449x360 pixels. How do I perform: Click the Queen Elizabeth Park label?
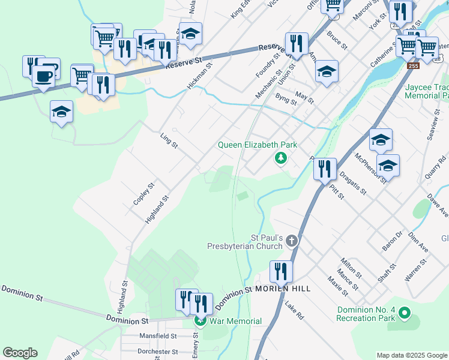pyautogui.click(x=257, y=145)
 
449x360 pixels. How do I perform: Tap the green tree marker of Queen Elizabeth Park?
pyautogui.click(x=280, y=158)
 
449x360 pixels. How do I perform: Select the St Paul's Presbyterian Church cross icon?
pyautogui.click(x=292, y=241)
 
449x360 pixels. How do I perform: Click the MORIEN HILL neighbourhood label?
pyautogui.click(x=283, y=289)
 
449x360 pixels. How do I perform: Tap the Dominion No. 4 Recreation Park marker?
pyautogui.click(x=405, y=313)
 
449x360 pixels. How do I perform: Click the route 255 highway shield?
pyautogui.click(x=412, y=66)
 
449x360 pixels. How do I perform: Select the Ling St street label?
pyautogui.click(x=170, y=142)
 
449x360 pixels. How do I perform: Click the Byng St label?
pyautogui.click(x=286, y=98)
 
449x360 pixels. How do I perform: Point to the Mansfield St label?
pyautogui.click(x=158, y=337)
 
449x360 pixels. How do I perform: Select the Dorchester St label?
pyautogui.click(x=158, y=352)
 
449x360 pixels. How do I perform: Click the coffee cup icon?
pyautogui.click(x=43, y=76)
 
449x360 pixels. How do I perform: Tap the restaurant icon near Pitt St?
pyautogui.click(x=324, y=168)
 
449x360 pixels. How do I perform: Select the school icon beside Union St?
pyautogui.click(x=326, y=71)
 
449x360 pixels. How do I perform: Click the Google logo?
pyautogui.click(x=20, y=353)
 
